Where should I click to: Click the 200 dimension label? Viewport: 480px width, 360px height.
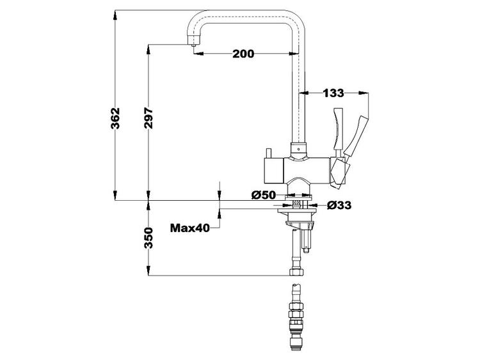(x=243, y=54)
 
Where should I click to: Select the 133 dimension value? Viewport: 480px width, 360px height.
(x=333, y=93)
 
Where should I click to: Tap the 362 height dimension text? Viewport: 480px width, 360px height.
(x=115, y=118)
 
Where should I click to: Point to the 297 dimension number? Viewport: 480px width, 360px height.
(x=148, y=118)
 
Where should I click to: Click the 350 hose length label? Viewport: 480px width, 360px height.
(x=148, y=239)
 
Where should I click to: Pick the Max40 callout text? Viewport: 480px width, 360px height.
(x=190, y=228)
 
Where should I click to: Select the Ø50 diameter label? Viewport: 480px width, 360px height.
(x=264, y=195)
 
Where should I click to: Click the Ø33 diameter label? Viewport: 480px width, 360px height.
(x=339, y=205)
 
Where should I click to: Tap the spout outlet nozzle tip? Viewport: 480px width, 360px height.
(x=193, y=45)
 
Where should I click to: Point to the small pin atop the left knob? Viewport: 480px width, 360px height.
(x=268, y=153)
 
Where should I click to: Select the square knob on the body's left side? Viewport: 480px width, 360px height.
(x=273, y=170)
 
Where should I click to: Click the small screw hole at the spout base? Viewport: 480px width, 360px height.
(x=299, y=150)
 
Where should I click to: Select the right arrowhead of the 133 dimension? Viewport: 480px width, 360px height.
(x=363, y=92)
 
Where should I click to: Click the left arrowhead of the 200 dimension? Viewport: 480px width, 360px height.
(x=199, y=54)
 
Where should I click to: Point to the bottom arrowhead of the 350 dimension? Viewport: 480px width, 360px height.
(x=148, y=270)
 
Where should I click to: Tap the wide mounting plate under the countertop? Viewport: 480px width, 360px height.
(x=297, y=211)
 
